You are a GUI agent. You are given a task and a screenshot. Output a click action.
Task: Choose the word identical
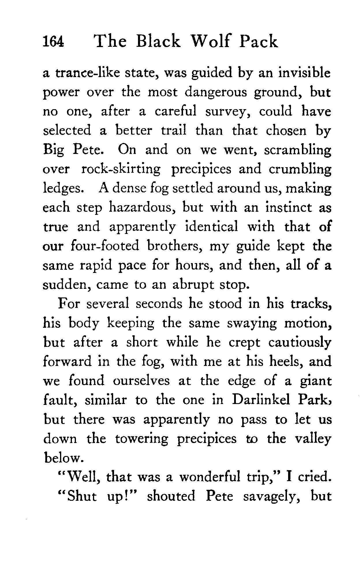[211, 227]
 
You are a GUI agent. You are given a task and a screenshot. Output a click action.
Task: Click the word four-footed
[105, 246]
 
